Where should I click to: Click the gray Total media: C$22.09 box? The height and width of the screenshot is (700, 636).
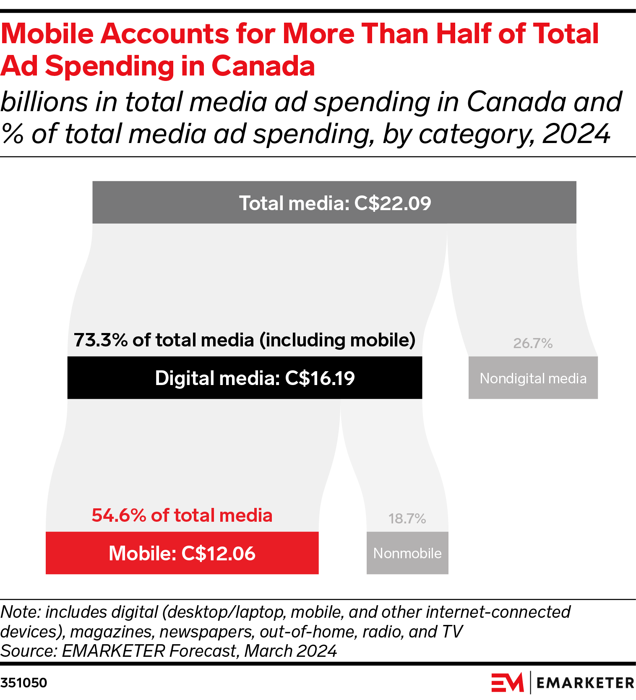334,203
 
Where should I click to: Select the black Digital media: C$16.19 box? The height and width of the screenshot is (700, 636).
245,377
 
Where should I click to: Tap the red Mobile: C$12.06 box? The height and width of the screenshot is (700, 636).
182,553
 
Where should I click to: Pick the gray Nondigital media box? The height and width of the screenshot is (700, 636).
533,378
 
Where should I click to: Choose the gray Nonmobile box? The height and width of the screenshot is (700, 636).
407,553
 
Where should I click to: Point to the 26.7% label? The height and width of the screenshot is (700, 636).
533,343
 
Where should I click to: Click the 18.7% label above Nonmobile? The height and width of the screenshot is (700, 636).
407,519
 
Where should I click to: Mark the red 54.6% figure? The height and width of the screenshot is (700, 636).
119,515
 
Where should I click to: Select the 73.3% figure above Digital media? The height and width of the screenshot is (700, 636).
101,340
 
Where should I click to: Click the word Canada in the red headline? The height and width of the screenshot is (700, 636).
263,66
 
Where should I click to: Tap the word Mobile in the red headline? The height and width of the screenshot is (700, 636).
47,34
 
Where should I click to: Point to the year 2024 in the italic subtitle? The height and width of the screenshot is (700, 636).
576,134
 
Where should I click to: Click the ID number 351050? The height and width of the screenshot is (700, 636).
24,683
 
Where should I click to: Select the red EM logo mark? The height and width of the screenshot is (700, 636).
507,682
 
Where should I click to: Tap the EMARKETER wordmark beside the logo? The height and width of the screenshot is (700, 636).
585,683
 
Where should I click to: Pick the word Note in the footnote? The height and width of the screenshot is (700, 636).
20,612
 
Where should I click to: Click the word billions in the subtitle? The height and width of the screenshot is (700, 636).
45,102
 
